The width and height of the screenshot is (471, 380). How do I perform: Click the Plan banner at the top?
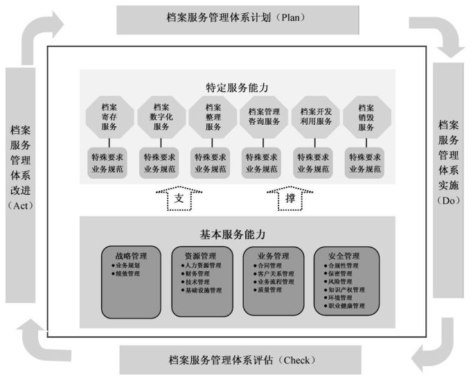pos(235,18)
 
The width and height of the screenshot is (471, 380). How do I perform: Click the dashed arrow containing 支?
pos(178,199)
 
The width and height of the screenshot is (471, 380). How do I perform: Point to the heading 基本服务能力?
pos(236,234)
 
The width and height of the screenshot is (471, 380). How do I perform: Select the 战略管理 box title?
pos(127,255)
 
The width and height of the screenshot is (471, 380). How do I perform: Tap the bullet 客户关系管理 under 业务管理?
pos(276,274)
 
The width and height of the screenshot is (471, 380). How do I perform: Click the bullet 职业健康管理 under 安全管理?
pos(346,305)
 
